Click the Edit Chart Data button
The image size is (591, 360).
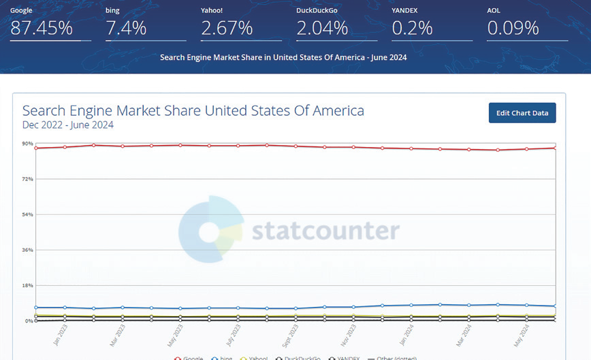click(x=522, y=113)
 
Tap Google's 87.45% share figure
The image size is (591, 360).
click(x=42, y=28)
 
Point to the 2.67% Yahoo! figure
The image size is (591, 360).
click(x=227, y=28)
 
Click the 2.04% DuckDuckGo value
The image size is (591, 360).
click(x=322, y=28)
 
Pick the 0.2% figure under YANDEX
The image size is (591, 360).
click(x=413, y=28)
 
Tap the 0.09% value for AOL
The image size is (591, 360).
click(x=513, y=28)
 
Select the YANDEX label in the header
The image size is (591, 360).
click(x=406, y=11)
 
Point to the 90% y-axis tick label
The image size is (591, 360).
click(x=27, y=144)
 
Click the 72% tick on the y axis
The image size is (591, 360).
click(x=27, y=179)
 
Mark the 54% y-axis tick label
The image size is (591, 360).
click(x=27, y=214)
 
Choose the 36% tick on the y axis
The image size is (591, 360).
click(x=27, y=250)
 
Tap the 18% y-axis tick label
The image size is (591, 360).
click(x=27, y=285)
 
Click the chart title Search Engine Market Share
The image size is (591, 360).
click(x=193, y=110)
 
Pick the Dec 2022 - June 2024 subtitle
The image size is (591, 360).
click(x=68, y=125)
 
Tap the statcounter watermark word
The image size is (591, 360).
click(x=325, y=230)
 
